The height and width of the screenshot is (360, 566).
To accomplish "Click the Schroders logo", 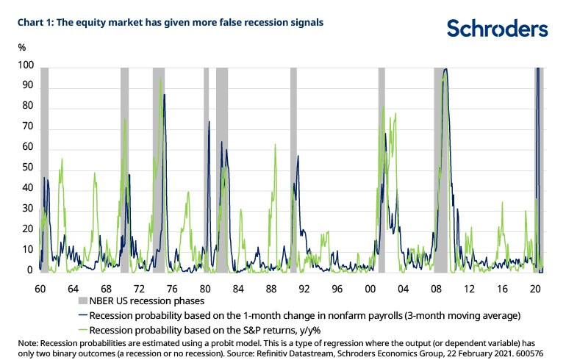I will click(x=497, y=29).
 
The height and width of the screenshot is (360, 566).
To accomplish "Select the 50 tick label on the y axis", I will click(x=26, y=168).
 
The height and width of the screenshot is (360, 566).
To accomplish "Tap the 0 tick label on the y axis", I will click(x=30, y=270).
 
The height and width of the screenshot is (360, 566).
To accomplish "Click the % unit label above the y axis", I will click(x=22, y=47).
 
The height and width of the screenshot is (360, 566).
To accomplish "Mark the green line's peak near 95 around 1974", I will click(x=160, y=79).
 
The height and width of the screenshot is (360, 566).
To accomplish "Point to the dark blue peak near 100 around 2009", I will click(x=446, y=70).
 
